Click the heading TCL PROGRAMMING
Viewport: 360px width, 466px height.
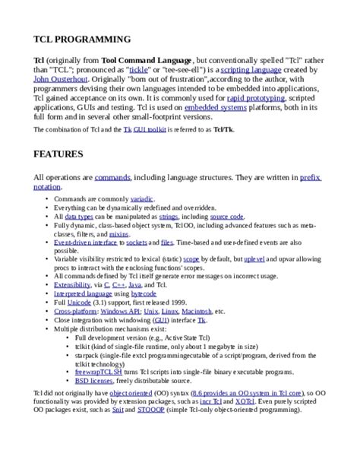pyautogui.click(x=81, y=39)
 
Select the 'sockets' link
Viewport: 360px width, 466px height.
pyautogui.click(x=137, y=244)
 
